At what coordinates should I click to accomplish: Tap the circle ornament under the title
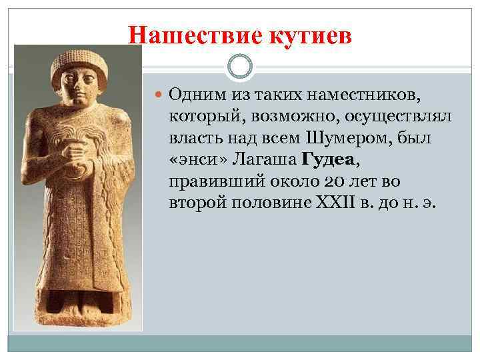(x=240, y=67)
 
